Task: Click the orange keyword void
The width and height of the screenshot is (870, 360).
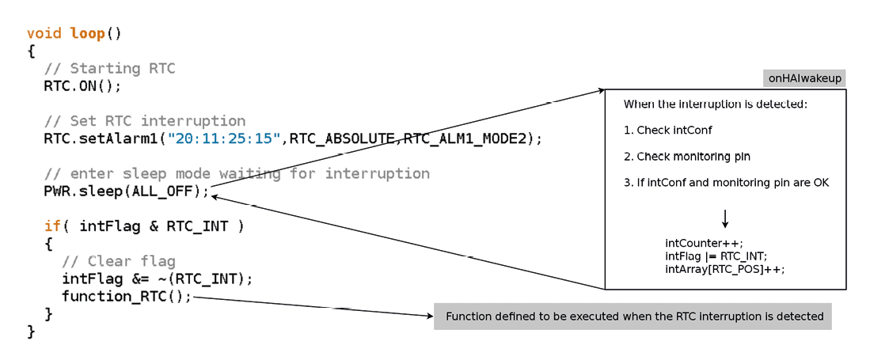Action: pyautogui.click(x=44, y=33)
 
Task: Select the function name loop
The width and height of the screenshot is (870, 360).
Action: pyautogui.click(x=88, y=34)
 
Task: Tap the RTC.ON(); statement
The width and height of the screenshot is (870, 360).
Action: pyautogui.click(x=82, y=86)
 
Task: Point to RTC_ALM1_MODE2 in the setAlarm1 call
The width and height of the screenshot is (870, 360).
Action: pyautogui.click(x=464, y=138)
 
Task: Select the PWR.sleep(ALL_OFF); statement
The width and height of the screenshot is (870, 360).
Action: pyautogui.click(x=127, y=191)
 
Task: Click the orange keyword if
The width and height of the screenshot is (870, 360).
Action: pyautogui.click(x=53, y=225)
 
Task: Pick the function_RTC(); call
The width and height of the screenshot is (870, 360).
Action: pyautogui.click(x=127, y=296)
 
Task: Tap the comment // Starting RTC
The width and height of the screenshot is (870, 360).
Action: pyautogui.click(x=109, y=69)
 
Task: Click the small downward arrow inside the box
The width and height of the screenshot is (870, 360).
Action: pyautogui.click(x=724, y=218)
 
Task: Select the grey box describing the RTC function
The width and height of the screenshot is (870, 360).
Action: pyautogui.click(x=633, y=316)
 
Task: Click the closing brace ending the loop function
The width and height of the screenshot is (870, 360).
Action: pyautogui.click(x=31, y=332)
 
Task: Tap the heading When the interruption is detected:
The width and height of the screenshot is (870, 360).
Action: pyautogui.click(x=715, y=104)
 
